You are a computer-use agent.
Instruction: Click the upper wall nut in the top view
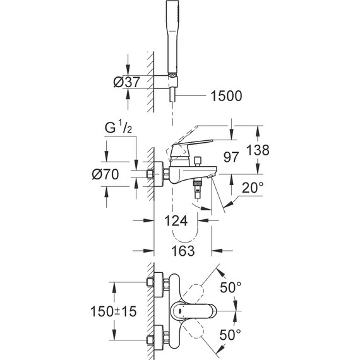point(153,282)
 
